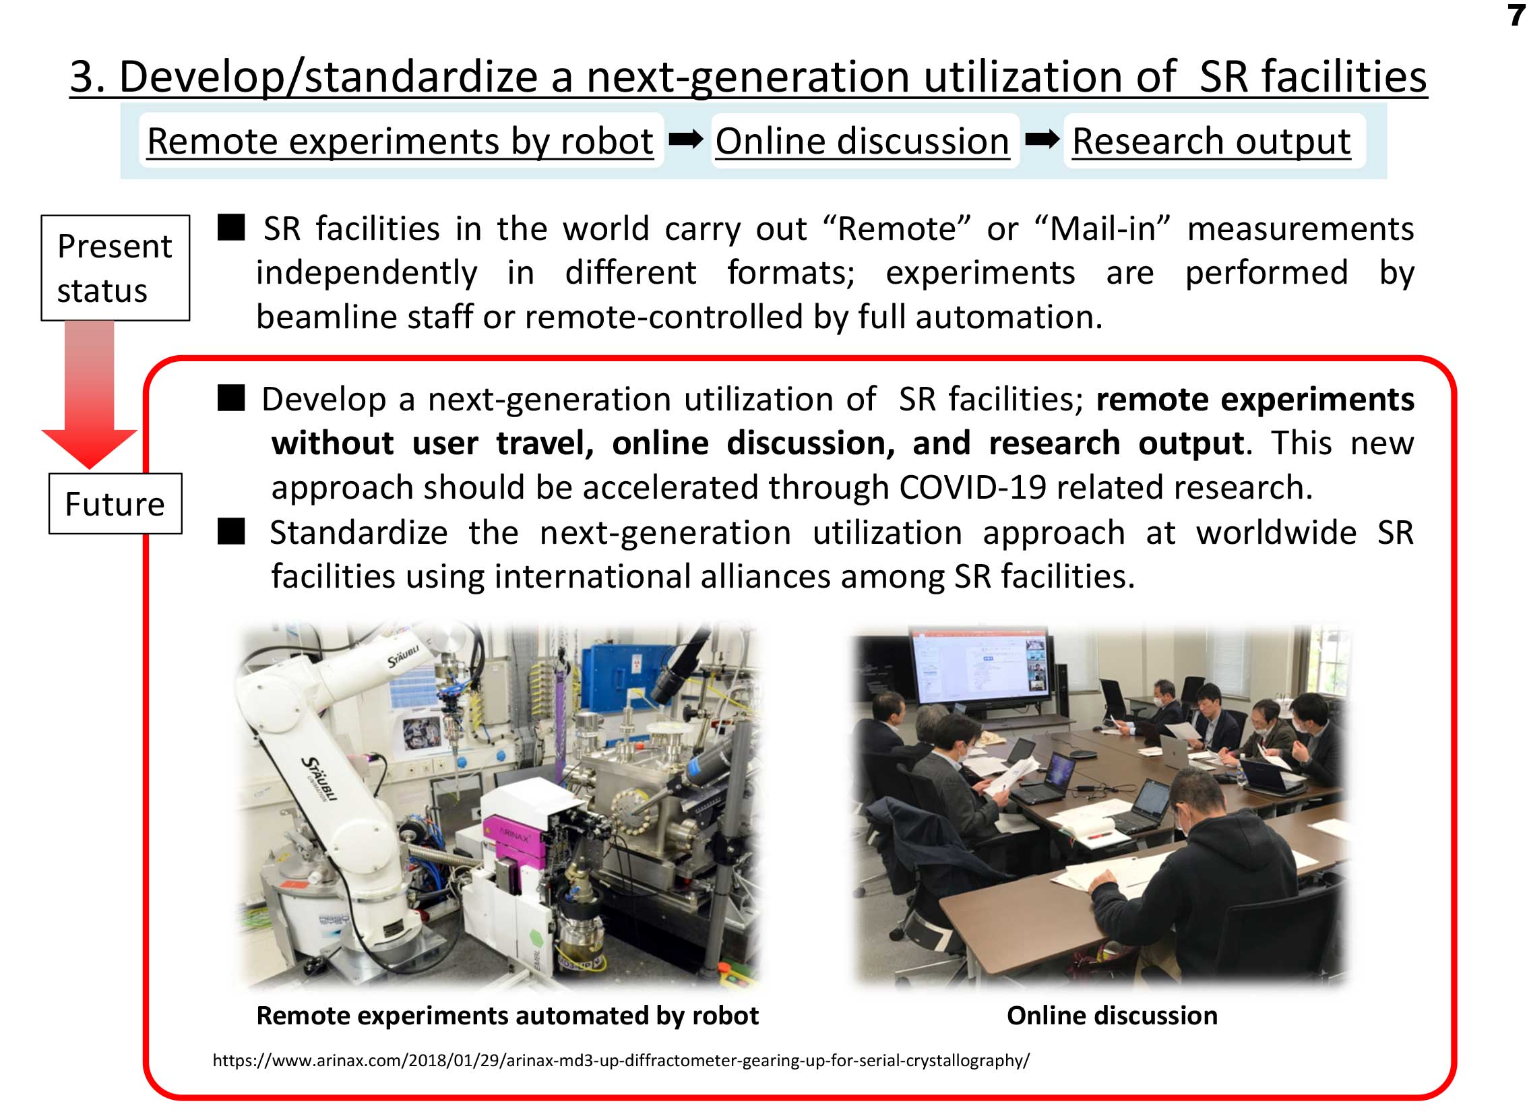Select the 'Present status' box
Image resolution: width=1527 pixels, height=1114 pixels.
click(x=115, y=268)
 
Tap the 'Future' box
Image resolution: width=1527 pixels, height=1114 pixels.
click(x=115, y=503)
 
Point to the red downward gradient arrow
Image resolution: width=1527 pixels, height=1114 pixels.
click(x=90, y=394)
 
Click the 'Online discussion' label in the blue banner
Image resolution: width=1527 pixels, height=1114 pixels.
click(x=863, y=141)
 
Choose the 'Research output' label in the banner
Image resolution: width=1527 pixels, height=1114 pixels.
click(x=1212, y=141)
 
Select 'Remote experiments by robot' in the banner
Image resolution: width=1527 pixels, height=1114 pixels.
click(x=400, y=141)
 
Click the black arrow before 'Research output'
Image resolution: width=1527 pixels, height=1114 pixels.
click(x=1042, y=140)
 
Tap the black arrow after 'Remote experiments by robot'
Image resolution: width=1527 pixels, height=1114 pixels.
click(x=685, y=140)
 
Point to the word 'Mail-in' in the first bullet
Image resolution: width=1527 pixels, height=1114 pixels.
click(x=1102, y=228)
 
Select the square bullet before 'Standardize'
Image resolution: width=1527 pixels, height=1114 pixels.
click(x=231, y=531)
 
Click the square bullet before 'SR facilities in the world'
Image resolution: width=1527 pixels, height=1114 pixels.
click(x=231, y=227)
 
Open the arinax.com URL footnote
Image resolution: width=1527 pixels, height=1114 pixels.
click(x=621, y=1061)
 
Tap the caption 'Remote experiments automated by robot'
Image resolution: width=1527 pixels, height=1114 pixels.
click(x=507, y=1016)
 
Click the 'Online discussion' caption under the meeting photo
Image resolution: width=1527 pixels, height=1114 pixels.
click(x=1113, y=1016)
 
